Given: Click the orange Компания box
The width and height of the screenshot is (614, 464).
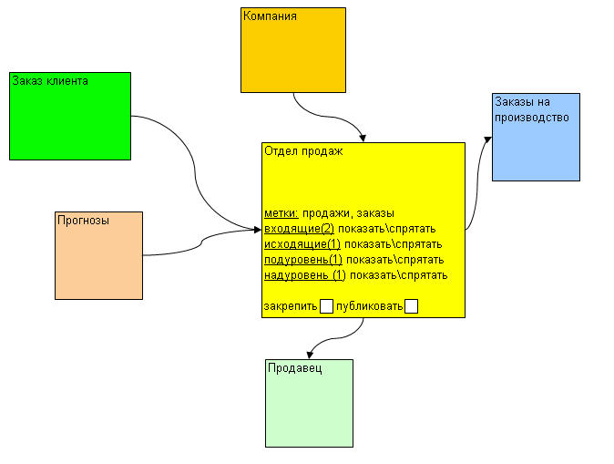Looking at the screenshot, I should coord(293,50).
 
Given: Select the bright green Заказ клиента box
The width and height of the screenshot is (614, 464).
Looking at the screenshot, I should coord(70,116).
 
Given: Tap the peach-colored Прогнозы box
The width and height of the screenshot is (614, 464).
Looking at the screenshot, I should coord(99,255).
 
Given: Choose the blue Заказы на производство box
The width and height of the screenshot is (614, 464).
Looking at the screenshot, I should coord(536,137).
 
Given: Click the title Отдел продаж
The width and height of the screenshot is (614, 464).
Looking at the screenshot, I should coord(302,152).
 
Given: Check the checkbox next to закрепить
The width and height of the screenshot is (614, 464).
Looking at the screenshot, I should coord(326,306).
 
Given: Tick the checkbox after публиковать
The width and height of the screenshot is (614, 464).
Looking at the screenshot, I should coord(411,306).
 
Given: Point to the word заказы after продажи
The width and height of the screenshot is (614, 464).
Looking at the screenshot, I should coord(374,212).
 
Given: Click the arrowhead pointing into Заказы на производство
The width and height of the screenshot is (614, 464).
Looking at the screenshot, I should coord(487,139).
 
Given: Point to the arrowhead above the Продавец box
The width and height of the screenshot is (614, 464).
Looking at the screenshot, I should coord(311,354).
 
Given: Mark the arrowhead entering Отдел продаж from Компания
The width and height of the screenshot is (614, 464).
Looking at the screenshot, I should coord(363,138).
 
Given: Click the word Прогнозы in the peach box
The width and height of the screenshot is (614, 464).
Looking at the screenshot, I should coord(84,220).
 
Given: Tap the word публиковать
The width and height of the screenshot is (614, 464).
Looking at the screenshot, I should coord(369,306).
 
